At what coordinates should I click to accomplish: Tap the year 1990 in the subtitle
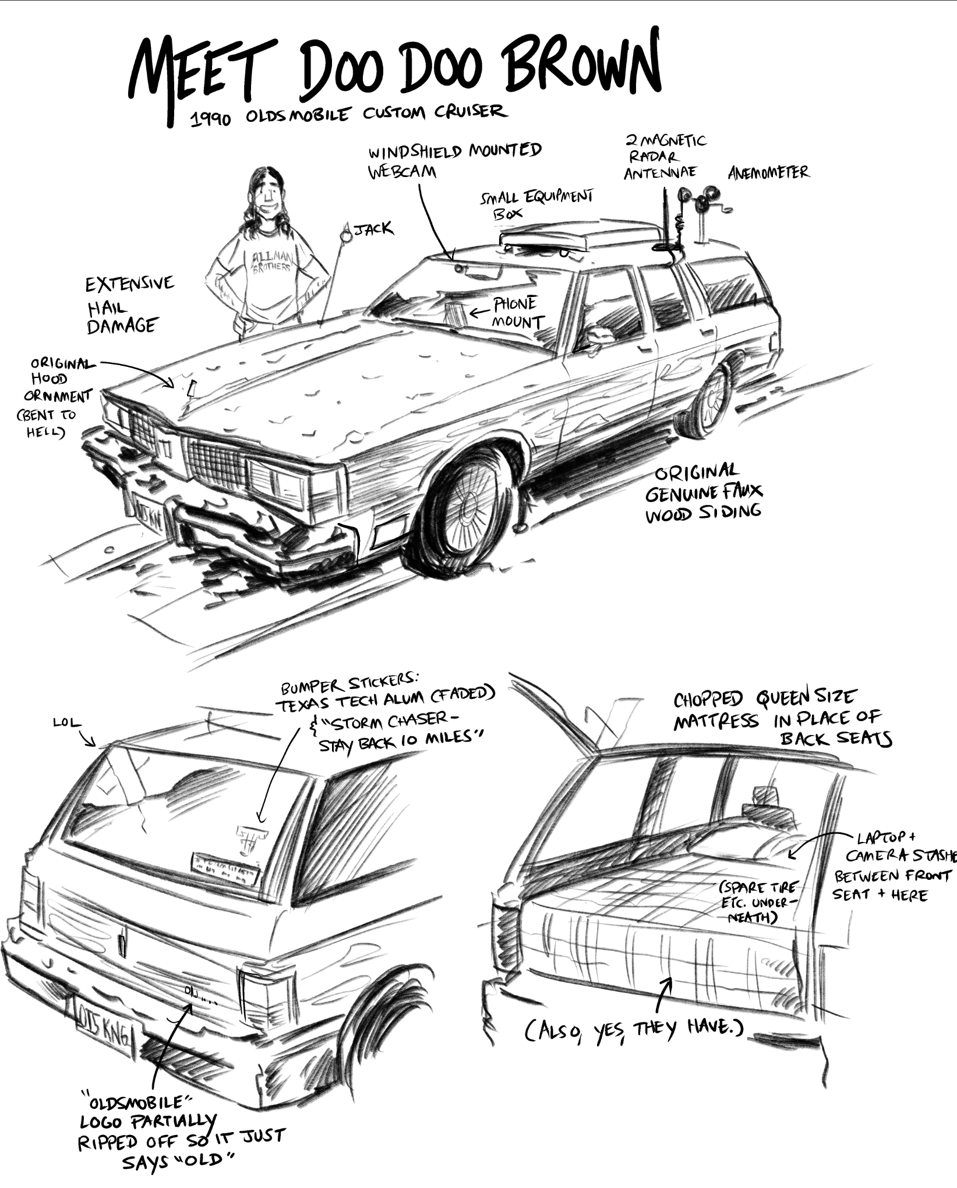tap(211, 119)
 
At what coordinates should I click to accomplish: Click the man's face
tap(269, 196)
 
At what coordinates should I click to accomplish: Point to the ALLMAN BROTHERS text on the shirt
tap(273, 261)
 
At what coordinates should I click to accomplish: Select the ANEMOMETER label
tap(768, 172)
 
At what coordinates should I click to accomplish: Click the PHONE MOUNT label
tap(517, 313)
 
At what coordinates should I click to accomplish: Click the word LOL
tap(67, 723)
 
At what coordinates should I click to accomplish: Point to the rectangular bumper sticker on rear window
tap(225, 870)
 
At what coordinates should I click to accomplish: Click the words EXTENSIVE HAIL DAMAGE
tap(129, 305)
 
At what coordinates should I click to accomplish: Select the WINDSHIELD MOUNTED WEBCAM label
tap(454, 160)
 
